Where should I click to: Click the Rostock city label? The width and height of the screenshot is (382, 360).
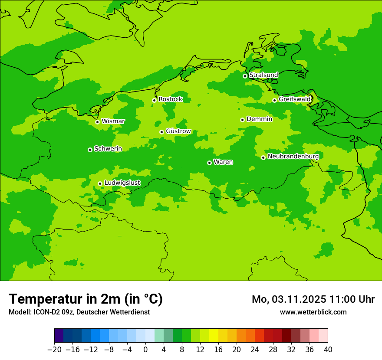171,99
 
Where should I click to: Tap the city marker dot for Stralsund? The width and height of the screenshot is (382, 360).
245,76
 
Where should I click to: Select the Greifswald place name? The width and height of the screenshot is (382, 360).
295,99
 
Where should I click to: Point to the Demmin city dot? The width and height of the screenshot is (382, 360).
242,120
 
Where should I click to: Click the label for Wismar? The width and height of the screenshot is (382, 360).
113,121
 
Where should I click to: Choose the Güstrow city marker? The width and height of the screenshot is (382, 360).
161,132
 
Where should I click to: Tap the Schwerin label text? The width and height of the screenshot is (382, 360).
108,149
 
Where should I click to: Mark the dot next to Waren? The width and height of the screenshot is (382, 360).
209,163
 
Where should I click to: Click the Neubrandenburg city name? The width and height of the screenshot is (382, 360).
293,157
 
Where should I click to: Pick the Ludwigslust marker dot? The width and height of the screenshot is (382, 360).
100,183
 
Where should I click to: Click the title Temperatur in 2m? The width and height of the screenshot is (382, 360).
86,299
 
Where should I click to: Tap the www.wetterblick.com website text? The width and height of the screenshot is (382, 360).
313,312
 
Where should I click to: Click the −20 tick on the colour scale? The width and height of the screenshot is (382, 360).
54,350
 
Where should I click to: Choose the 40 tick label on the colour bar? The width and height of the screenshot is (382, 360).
328,350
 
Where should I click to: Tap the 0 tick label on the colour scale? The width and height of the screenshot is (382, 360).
145,350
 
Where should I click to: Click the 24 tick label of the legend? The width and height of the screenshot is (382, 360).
255,350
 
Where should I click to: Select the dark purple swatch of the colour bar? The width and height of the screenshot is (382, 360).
59,336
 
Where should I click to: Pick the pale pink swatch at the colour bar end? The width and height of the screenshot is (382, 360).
323,336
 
